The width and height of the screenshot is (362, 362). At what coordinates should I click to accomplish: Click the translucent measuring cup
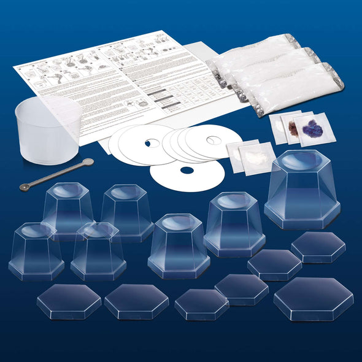coord(46,132)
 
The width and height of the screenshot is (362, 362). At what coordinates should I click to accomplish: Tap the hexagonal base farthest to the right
coord(318,247)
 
